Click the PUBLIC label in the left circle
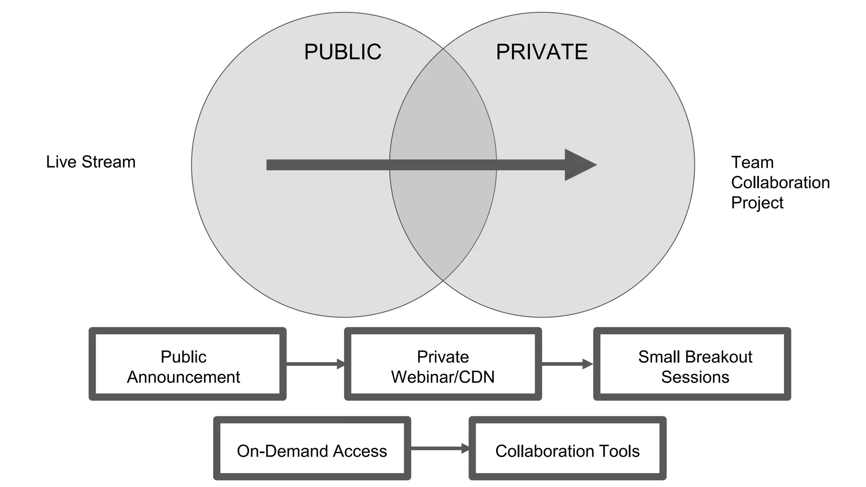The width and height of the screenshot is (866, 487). pos(343,52)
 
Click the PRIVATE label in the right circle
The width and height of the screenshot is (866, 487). pos(542,52)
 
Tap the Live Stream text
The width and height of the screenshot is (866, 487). pos(90,162)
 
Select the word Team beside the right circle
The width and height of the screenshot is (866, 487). pos(752,162)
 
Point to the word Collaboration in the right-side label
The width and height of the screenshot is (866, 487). pos(780,183)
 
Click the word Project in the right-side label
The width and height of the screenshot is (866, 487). pos(757,203)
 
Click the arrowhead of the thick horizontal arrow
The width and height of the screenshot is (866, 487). pos(579,165)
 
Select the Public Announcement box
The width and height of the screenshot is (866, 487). pos(187,364)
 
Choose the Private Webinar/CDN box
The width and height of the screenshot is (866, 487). pos(443,364)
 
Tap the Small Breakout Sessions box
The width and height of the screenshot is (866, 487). pos(692,364)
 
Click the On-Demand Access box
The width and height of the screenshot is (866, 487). pos(312,449)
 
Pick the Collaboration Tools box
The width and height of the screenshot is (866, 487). pos(567,449)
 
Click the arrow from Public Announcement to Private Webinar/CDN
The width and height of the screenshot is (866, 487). pos(315,364)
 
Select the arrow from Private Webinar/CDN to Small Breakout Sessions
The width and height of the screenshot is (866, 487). pos(567,364)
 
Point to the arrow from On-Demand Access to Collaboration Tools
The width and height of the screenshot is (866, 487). pos(440,448)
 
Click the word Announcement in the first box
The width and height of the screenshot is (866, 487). pos(183,377)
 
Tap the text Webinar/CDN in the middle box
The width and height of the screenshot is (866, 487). pos(443,377)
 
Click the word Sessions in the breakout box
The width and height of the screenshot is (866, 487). pos(695,377)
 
